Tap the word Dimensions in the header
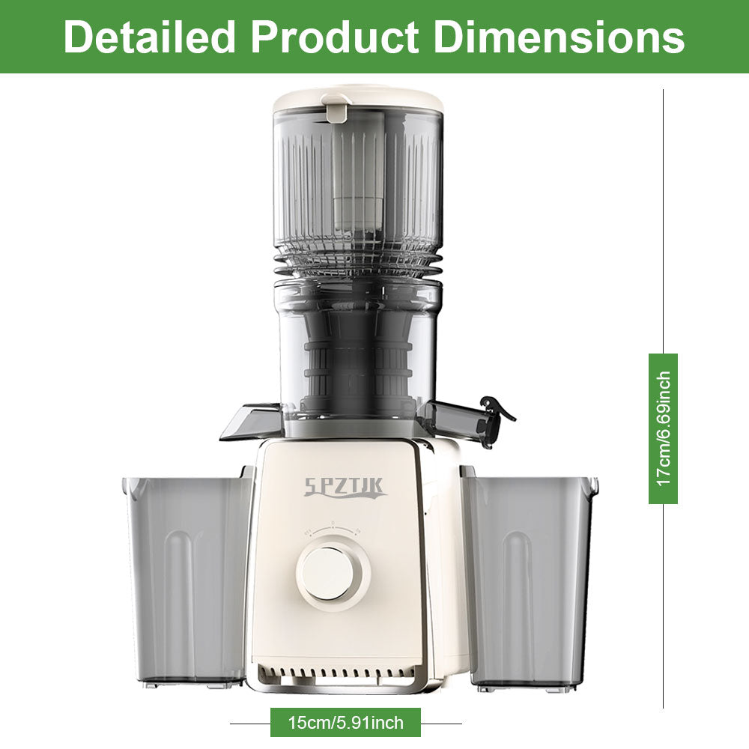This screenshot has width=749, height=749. coord(560,37)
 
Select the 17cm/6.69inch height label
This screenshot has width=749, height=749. coord(663,428)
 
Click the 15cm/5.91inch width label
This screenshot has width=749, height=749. coord(345,723)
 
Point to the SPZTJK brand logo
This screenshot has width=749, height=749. coord(345,488)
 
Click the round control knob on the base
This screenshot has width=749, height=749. coord(333,573)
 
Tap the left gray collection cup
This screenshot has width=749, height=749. coord(187,577)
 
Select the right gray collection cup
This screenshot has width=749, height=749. coord(529,577)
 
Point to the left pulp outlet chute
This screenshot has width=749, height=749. coord(251,422)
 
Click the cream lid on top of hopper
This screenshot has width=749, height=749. coord(358,100)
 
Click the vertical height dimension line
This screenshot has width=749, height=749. coord(663,225)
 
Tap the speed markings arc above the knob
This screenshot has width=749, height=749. coord(333,529)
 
